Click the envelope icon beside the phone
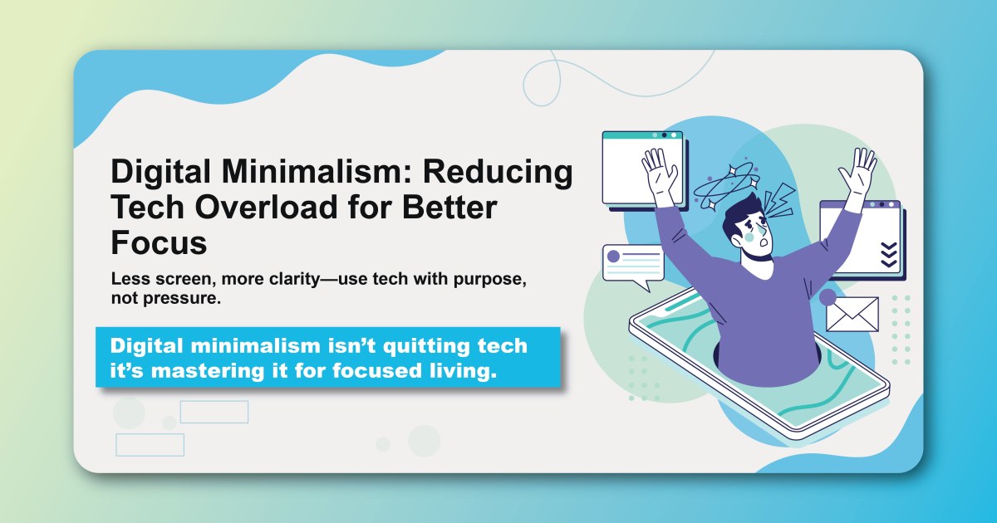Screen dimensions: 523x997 (852, 314)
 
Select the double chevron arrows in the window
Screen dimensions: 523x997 (888, 254)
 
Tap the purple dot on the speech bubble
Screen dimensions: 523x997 (614, 257)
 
